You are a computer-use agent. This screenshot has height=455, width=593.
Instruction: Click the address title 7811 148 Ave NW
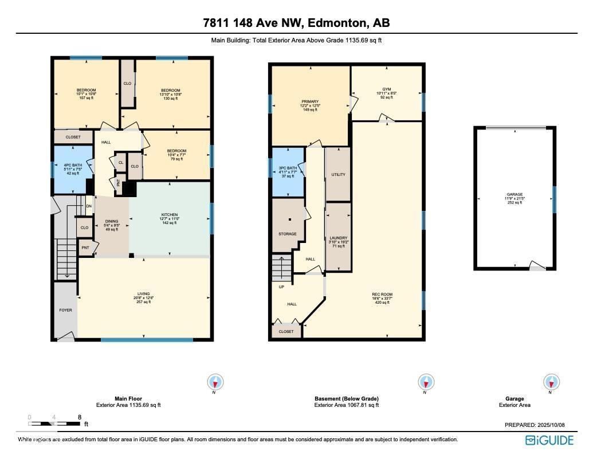(296, 23)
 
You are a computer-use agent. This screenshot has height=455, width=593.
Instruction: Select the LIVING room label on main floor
(143, 294)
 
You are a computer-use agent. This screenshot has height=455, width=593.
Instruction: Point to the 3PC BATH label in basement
(288, 168)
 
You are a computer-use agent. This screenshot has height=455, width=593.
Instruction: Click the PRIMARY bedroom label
(310, 102)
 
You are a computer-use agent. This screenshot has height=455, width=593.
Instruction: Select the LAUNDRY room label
(338, 238)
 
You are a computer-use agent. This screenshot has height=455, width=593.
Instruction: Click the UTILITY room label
(338, 175)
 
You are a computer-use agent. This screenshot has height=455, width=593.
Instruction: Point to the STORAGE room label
(288, 234)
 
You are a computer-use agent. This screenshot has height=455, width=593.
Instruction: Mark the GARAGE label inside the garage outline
(514, 195)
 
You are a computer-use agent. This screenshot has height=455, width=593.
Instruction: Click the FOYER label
(65, 310)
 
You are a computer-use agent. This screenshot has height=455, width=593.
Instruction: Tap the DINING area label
(112, 221)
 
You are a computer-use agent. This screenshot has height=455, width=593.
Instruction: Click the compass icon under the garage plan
(551, 382)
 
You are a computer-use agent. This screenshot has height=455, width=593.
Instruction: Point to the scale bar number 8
(80, 417)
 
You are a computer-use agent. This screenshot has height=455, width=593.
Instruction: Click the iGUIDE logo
(549, 440)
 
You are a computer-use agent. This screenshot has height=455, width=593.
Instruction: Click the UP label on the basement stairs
(281, 287)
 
